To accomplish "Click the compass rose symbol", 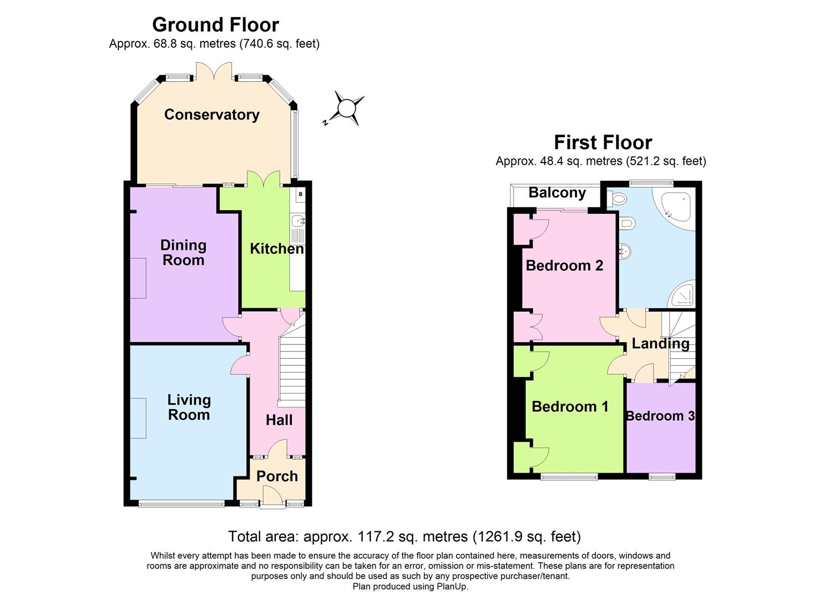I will point(346,108).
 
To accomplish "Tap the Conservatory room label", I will point(212,114).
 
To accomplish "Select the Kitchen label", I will point(276,249).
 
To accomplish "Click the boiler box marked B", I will point(300,195).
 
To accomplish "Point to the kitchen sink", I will point(299,221).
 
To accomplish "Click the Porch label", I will point(277,476).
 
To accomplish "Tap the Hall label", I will point(279,420).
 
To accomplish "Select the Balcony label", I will point(557,192).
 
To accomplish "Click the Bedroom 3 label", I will point(660,416).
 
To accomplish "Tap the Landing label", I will point(660,343).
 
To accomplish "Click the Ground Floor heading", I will point(215,24).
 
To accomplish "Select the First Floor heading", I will point(603,143).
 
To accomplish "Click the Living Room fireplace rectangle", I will point(138,418).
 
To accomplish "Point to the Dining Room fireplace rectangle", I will point(138,278).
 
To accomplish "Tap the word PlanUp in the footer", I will point(452,586).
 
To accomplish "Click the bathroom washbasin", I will point(625,252).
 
